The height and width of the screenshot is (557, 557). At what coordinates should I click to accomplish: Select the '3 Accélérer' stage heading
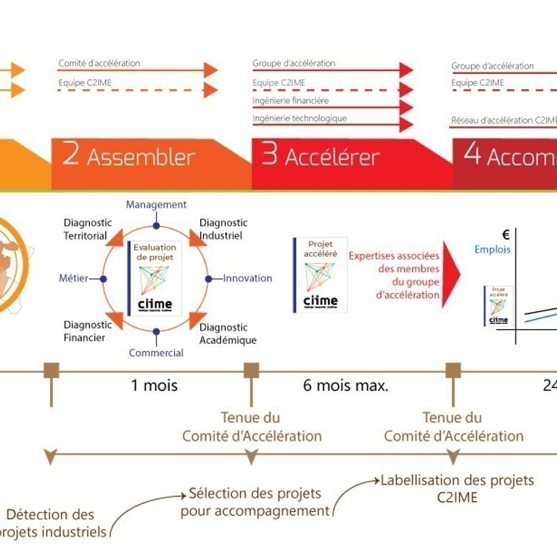321,157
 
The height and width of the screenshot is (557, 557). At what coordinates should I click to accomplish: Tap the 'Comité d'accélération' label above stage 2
99,64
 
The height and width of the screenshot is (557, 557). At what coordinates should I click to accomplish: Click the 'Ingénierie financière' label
290,101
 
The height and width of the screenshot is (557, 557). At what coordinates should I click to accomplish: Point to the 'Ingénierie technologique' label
300,118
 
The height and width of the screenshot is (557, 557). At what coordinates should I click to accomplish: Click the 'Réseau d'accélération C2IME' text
503,120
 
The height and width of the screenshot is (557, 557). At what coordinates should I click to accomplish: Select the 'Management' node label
156,205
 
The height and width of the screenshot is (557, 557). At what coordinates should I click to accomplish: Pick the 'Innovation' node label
247,278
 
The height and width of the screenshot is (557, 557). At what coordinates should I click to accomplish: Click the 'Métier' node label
74,278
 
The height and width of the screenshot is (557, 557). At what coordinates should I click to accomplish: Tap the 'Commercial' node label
156,353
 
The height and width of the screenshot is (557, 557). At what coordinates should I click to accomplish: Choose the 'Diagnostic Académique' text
227,334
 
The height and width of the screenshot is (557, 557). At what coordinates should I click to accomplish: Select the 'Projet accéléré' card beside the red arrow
320,275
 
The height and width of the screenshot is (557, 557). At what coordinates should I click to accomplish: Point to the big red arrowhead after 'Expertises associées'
451,275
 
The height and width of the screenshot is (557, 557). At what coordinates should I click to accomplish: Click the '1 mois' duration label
154,385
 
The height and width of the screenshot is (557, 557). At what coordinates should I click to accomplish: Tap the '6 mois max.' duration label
346,385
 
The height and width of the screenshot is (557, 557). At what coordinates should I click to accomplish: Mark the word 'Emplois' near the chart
492,249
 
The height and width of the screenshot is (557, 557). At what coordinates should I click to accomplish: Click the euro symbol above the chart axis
505,234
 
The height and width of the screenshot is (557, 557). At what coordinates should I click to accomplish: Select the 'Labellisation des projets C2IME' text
457,489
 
